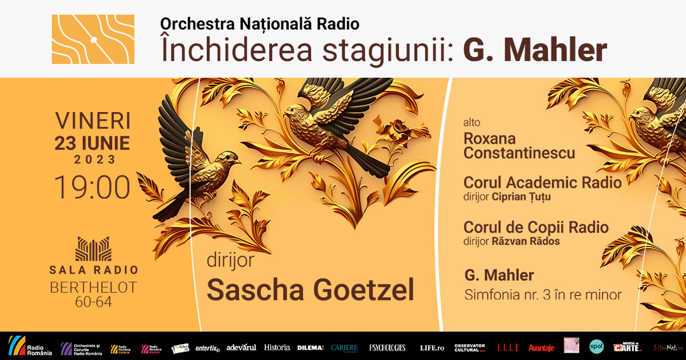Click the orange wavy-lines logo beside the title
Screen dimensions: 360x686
click(x=93, y=39)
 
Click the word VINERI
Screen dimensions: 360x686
click(x=93, y=121)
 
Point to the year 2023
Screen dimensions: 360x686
click(x=93, y=160)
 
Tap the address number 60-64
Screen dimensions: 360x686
click(x=93, y=302)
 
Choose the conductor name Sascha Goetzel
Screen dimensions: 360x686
click(x=310, y=290)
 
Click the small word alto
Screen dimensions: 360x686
click(x=472, y=122)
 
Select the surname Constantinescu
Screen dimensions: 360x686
click(x=519, y=153)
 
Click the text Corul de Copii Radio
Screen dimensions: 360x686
click(x=536, y=227)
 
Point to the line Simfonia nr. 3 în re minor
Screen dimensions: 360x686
click(x=543, y=295)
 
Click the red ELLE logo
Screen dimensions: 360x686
click(x=508, y=347)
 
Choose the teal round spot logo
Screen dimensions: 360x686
click(x=596, y=346)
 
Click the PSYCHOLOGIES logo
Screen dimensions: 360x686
click(x=387, y=347)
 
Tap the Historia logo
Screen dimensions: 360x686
click(x=277, y=347)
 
